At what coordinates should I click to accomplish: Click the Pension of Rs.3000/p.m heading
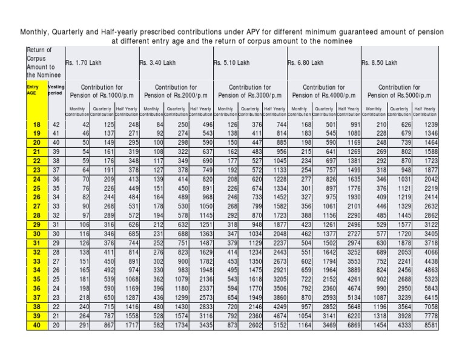click(x=250, y=95)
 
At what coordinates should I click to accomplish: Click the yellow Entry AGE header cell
click(x=36, y=91)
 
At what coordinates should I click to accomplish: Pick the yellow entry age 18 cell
click(x=36, y=124)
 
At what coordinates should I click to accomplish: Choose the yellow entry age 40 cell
click(x=36, y=325)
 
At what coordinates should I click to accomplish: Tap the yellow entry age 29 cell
click(x=36, y=224)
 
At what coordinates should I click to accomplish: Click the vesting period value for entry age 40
click(x=56, y=325)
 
